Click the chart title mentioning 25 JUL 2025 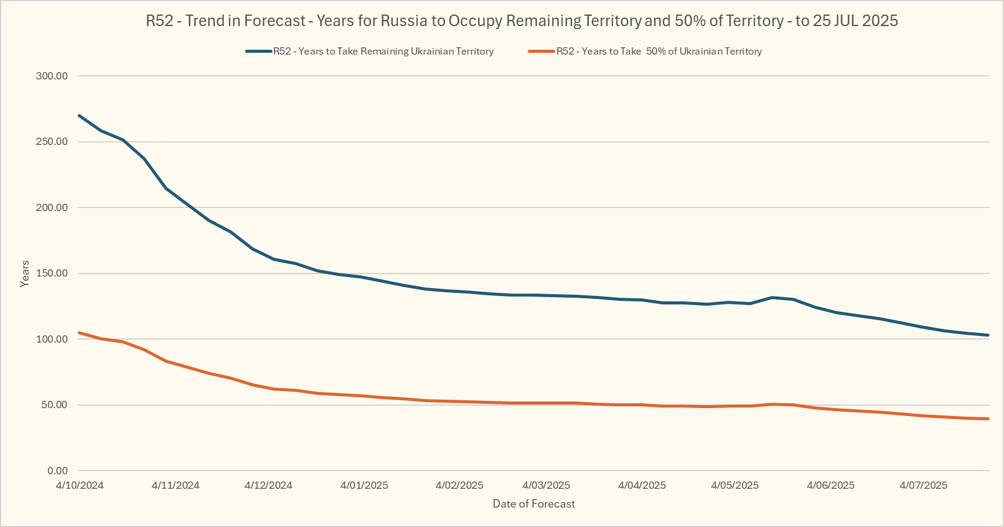point(522,21)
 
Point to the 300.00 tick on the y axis point(52,76)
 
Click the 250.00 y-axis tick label point(52,141)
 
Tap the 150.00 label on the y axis point(52,273)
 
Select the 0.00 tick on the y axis point(58,471)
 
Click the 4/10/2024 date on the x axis point(79,485)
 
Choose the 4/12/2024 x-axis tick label point(268,485)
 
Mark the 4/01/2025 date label point(364,485)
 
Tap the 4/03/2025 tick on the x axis point(547,485)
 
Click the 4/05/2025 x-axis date point(735,485)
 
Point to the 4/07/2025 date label point(923,485)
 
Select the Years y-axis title point(25,274)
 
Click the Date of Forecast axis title point(534,504)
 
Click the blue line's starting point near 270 point(79,115)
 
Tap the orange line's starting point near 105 point(79,332)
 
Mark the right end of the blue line point(988,335)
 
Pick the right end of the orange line point(988,418)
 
